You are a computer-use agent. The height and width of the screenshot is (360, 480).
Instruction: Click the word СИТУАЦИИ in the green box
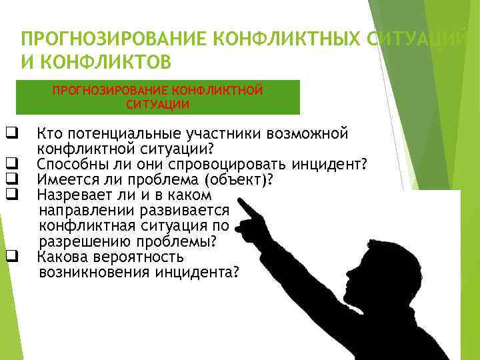tap(157, 105)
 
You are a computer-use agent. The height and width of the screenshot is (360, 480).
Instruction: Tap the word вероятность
tap(139, 257)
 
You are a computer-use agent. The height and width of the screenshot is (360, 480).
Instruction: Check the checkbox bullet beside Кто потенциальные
tap(11, 133)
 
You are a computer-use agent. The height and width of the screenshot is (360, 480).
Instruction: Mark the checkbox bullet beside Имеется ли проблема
tap(11, 179)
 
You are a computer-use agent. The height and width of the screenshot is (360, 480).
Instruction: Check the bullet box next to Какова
tap(11, 257)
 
